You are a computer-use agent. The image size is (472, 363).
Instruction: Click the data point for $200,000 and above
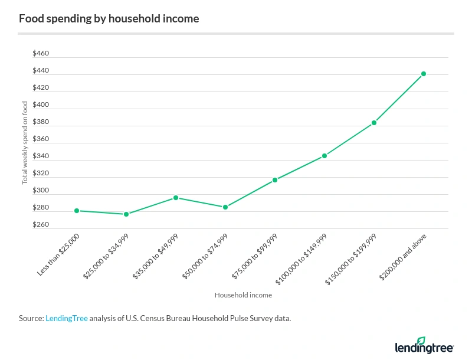coord(424,74)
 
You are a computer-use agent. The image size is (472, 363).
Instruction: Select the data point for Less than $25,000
coord(77,211)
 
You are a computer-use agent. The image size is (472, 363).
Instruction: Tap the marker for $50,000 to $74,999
coord(225,207)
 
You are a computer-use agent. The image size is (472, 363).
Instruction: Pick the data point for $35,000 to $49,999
coord(176,198)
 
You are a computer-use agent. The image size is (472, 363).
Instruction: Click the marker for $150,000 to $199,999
coord(374,123)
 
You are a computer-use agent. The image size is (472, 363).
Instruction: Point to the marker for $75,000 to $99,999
coord(275,180)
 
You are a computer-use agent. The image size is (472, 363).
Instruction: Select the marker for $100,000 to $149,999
coord(324,156)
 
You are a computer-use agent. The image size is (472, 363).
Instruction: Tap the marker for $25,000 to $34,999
coord(126,214)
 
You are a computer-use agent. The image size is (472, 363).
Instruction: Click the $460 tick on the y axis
coord(41,54)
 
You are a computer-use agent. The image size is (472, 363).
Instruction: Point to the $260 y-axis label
coord(41,225)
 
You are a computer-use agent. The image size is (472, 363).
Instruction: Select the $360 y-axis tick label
coord(41,140)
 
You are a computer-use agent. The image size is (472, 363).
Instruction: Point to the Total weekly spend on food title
coord(25,142)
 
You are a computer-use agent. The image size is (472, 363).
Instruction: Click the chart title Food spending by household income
coord(109,18)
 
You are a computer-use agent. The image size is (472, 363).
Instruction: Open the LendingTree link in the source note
coord(67,318)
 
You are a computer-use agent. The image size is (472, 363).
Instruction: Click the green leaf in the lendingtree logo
coord(421,341)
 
